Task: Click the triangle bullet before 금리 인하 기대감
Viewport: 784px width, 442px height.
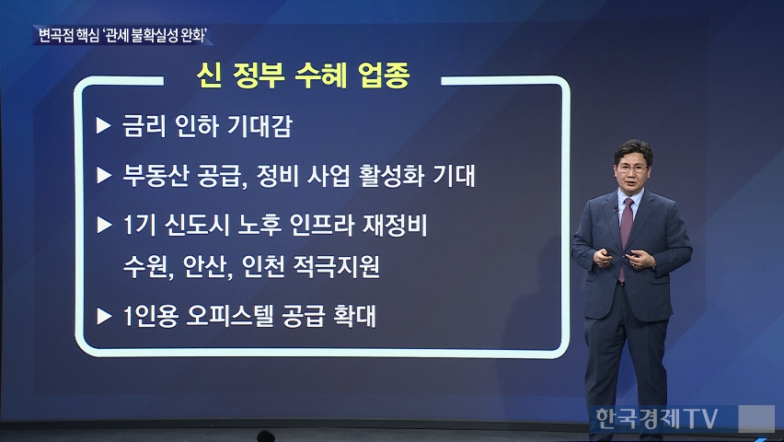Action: tap(103, 125)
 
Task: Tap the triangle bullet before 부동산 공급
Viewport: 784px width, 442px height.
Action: tap(103, 176)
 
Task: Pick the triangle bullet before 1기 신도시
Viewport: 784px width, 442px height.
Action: tap(103, 226)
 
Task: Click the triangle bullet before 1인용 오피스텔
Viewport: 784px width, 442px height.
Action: tap(103, 317)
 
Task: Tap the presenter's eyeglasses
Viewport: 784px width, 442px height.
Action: tap(631, 169)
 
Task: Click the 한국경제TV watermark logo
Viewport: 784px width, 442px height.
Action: tap(656, 418)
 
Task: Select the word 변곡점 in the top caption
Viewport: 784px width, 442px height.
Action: tap(56, 36)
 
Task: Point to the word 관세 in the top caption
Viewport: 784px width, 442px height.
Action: tap(116, 36)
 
